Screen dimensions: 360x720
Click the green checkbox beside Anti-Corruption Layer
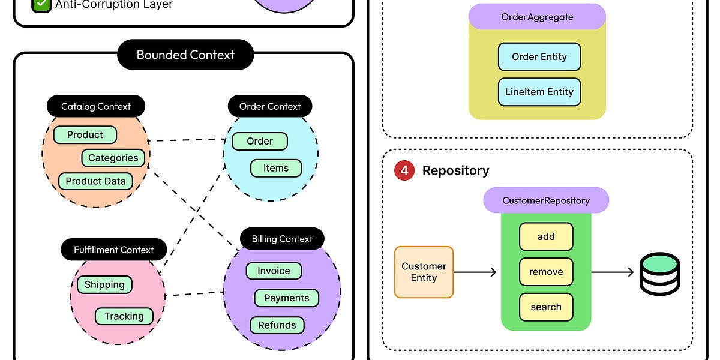[x=41, y=5]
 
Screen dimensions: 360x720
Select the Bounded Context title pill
[x=185, y=55]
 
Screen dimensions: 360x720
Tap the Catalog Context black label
[x=96, y=107]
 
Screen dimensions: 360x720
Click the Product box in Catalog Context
[x=85, y=135]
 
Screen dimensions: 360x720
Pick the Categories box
[x=113, y=158]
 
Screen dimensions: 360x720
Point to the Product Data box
[x=95, y=181]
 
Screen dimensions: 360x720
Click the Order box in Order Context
[x=259, y=142]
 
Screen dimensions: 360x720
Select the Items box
[x=275, y=169]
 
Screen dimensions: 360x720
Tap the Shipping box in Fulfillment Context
[x=104, y=285]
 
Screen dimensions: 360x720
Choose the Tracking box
[x=124, y=316]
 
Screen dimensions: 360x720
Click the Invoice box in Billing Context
[x=274, y=271]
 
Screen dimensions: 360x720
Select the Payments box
[x=287, y=298]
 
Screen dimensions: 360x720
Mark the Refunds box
[x=277, y=325]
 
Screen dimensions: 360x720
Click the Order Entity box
[x=539, y=57]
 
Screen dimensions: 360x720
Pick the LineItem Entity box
[x=539, y=92]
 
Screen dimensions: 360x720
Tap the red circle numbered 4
[x=404, y=170]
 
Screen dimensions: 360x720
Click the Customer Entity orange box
[x=424, y=272]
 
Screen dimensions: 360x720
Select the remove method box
[x=545, y=272]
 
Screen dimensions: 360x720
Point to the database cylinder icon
[x=659, y=274]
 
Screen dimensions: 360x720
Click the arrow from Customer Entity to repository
[x=475, y=272]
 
